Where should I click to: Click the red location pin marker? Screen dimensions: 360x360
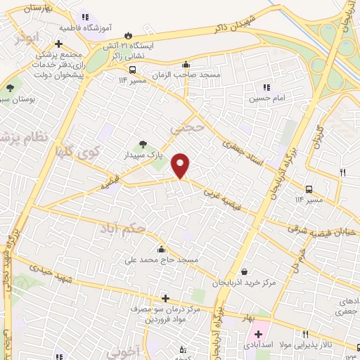point(181,166)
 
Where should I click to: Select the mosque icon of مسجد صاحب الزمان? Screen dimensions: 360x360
point(185,64)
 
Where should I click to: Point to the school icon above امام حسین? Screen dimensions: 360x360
point(266,88)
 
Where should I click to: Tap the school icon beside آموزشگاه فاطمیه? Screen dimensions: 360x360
point(84,17)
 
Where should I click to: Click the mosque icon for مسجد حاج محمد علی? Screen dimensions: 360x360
point(162,248)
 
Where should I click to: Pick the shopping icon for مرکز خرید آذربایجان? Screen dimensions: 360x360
point(244,271)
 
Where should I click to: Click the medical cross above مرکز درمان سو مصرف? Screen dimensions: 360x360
point(165,297)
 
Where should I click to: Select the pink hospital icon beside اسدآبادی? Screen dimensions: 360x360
point(257,335)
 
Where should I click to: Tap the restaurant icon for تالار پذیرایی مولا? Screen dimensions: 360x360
point(305,335)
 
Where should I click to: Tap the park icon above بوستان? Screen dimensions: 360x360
point(10,88)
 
